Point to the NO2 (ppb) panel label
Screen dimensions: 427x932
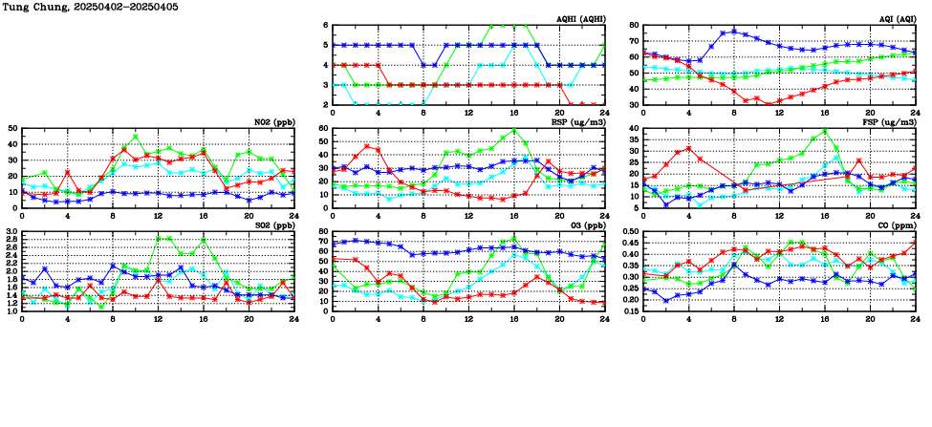(x=273, y=122)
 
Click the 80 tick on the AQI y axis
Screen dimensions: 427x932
(x=634, y=26)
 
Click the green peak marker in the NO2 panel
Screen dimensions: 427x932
(x=136, y=136)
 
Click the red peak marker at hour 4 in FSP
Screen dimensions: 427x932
(x=688, y=148)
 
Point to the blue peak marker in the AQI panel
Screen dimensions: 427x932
(x=734, y=32)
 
